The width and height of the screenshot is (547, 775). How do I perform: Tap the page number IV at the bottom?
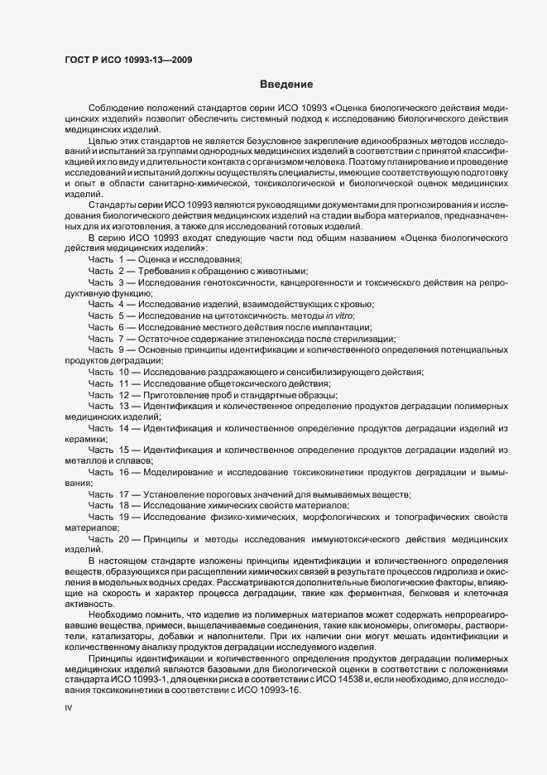coord(69,709)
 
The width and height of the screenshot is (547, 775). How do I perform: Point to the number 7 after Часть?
coord(121,338)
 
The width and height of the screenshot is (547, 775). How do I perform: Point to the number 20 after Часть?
coord(123,539)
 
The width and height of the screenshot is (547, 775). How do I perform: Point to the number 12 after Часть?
coord(123,394)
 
